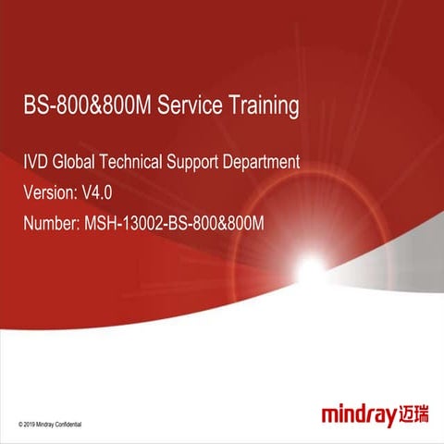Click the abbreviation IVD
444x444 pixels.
(x=34, y=162)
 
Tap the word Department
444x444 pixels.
(x=266, y=163)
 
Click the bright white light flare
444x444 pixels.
(x=311, y=269)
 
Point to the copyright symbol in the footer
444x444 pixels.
(x=21, y=424)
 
